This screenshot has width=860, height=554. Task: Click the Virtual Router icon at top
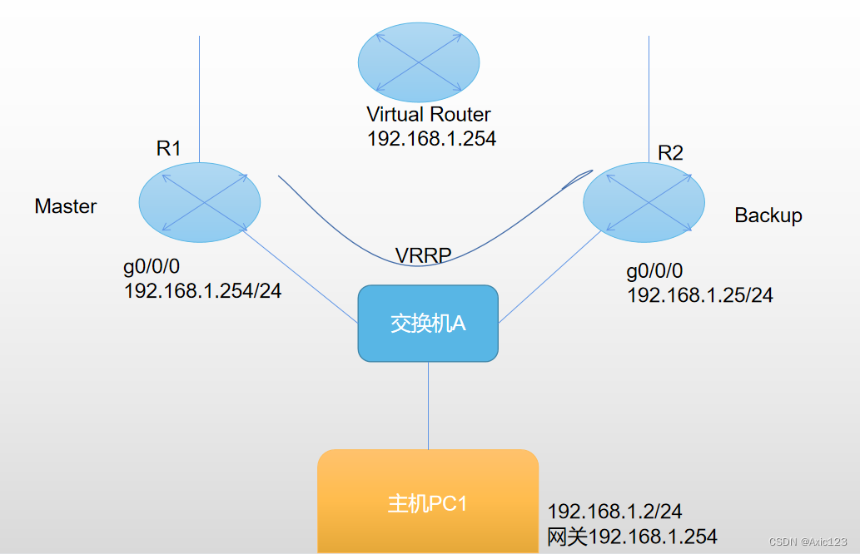click(419, 63)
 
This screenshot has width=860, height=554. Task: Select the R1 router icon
click(200, 203)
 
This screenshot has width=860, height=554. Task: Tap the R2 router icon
click(644, 203)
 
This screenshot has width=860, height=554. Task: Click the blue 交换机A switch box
click(428, 324)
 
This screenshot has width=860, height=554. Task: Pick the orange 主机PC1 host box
click(428, 502)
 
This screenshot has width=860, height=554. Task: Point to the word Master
click(66, 206)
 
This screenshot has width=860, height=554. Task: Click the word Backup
click(768, 215)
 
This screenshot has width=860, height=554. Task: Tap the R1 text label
click(169, 149)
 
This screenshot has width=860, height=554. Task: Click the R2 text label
click(670, 153)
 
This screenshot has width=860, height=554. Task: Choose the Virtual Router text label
click(429, 115)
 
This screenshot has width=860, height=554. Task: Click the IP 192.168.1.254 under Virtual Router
click(431, 139)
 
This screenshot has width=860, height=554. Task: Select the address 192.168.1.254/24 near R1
click(202, 291)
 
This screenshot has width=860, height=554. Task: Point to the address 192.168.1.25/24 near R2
click(699, 295)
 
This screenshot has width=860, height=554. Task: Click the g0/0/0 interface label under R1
click(152, 267)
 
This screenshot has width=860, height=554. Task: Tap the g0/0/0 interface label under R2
click(654, 272)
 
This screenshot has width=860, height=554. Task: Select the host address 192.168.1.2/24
click(614, 512)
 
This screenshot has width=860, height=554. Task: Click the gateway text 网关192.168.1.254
click(632, 537)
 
